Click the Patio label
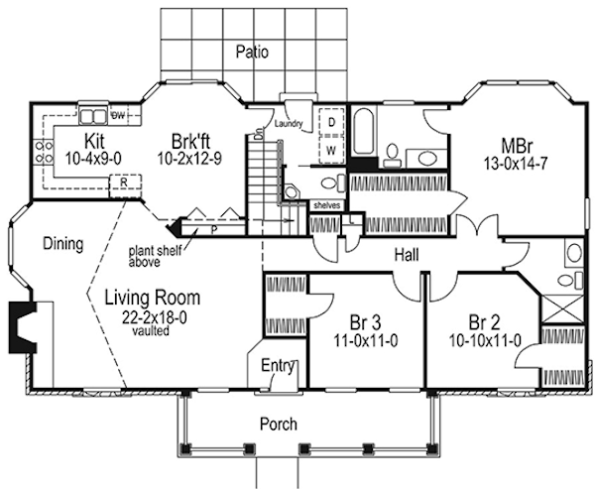(253, 52)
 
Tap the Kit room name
(94, 141)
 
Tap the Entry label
(279, 367)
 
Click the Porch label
(277, 424)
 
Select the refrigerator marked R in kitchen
(123, 183)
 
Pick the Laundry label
(290, 125)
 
